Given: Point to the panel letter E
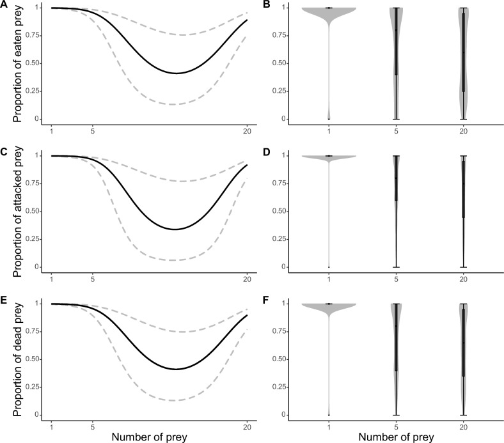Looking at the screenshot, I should click(x=5, y=300).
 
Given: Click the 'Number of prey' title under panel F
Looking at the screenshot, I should click(x=397, y=437).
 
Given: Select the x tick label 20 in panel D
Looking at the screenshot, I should click(x=464, y=279).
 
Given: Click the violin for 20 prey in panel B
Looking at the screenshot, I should click(x=464, y=64).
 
